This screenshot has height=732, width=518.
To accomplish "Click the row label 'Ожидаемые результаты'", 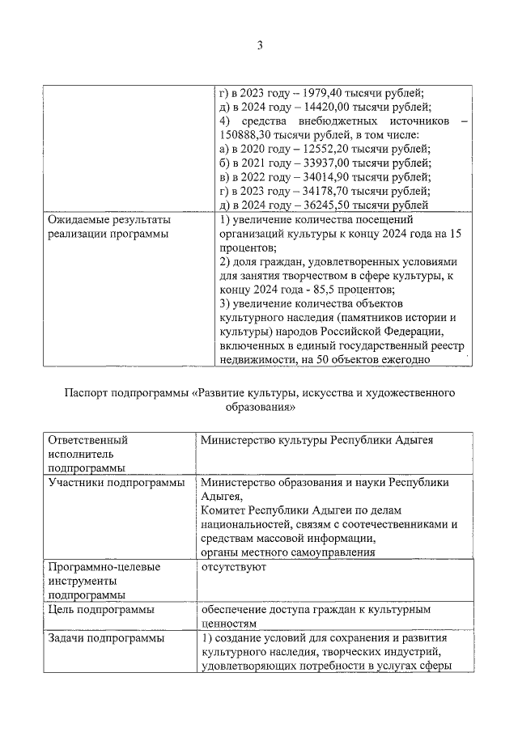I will (109, 220).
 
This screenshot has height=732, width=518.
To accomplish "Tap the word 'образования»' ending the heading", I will (260, 408).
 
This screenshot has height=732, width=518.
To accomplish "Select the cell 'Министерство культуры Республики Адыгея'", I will (316, 441).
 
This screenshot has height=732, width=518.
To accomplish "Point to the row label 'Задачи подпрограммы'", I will (105, 638).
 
